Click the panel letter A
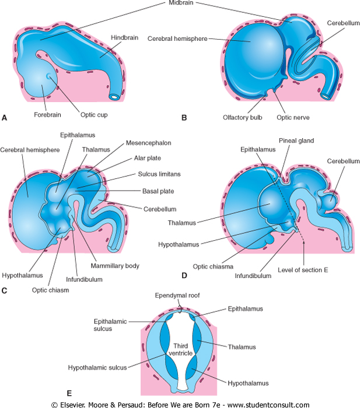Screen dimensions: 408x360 click(5, 118)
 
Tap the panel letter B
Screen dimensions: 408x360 click(184, 118)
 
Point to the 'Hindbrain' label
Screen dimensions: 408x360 click(124, 37)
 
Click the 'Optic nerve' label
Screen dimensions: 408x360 click(292, 117)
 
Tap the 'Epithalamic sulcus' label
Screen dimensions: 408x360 click(108, 324)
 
